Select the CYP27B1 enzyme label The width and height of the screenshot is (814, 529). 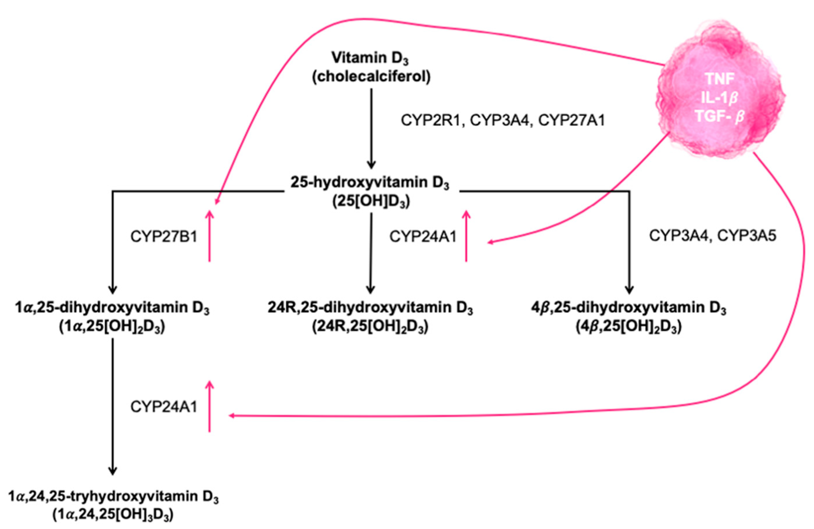tap(164, 236)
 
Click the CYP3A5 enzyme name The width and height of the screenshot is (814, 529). tap(747, 236)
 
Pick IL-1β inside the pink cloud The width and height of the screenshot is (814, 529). tap(720, 98)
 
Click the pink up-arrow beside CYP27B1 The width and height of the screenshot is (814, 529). tap(210, 236)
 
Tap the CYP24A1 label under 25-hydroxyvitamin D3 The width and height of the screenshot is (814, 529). tap(423, 236)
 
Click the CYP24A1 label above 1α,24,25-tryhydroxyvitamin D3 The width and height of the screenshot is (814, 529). tap(164, 407)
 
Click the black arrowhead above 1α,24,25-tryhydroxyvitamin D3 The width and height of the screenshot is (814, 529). tap(113, 471)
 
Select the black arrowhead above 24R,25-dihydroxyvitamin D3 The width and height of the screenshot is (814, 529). tap(370, 290)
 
